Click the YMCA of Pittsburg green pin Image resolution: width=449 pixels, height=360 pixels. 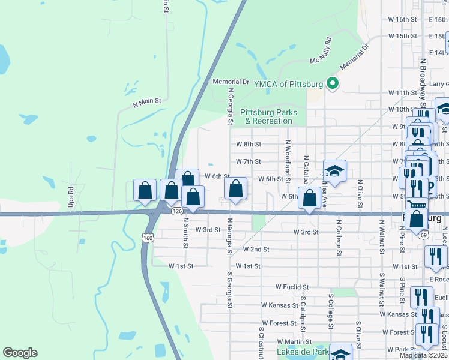click(x=331, y=84)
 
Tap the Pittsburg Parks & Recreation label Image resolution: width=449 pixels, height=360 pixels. click(x=266, y=116)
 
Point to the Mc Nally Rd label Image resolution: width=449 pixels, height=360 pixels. click(x=321, y=52)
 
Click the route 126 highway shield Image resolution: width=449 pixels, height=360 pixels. click(x=176, y=211)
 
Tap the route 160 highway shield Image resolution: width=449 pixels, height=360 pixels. click(x=148, y=238)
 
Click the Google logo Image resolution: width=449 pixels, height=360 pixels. click(x=20, y=353)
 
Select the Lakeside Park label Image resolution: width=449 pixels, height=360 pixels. click(x=303, y=352)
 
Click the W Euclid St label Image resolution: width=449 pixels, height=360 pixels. click(x=292, y=288)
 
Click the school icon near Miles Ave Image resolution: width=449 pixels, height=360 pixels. click(x=335, y=170)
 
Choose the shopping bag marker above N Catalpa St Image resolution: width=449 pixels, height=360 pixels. click(x=309, y=199)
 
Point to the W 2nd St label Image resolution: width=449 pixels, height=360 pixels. click(x=256, y=249)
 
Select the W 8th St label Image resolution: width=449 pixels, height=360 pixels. click(x=249, y=145)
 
